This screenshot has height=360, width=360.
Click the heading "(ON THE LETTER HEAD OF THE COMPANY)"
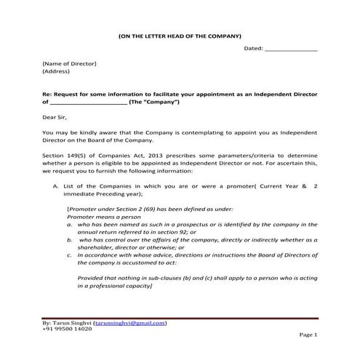pyautogui.click(x=179, y=36)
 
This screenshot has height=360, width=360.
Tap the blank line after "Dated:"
pyautogui.click(x=291, y=50)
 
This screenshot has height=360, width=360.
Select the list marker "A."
pyautogui.click(x=55, y=188)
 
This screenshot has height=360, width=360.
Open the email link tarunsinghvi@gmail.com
pyautogui.click(x=130, y=322)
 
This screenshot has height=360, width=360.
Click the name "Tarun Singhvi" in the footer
pyautogui.click(x=72, y=322)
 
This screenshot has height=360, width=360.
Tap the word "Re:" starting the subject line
pyautogui.click(x=48, y=95)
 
